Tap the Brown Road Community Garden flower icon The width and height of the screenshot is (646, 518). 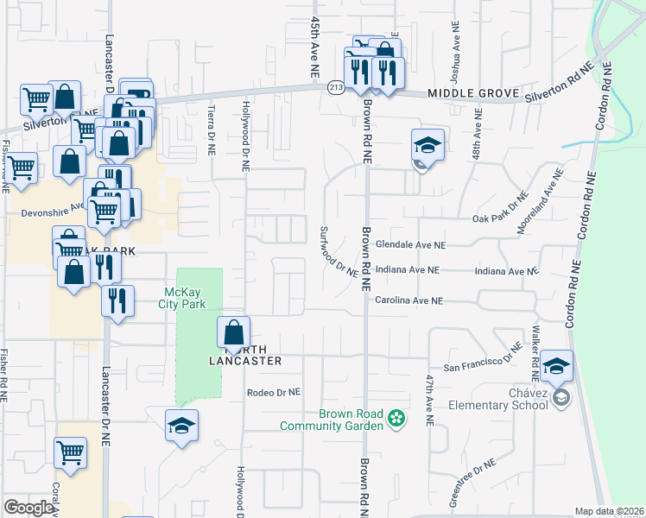click(396, 420)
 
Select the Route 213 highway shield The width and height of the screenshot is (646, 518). click(335, 87)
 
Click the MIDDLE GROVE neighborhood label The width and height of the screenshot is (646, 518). click(472, 92)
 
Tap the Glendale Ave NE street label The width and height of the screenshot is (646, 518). click(410, 245)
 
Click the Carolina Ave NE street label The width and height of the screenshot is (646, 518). click(408, 300)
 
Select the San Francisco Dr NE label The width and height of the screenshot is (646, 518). click(484, 360)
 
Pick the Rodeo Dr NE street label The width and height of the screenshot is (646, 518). click(273, 391)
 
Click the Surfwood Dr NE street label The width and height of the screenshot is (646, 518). click(338, 251)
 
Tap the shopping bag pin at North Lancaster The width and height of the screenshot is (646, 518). click(233, 332)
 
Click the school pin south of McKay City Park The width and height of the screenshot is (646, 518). click(181, 426)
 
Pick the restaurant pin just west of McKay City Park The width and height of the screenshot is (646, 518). click(117, 300)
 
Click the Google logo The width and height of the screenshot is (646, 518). click(28, 508)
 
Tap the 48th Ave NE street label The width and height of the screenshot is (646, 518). click(477, 138)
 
